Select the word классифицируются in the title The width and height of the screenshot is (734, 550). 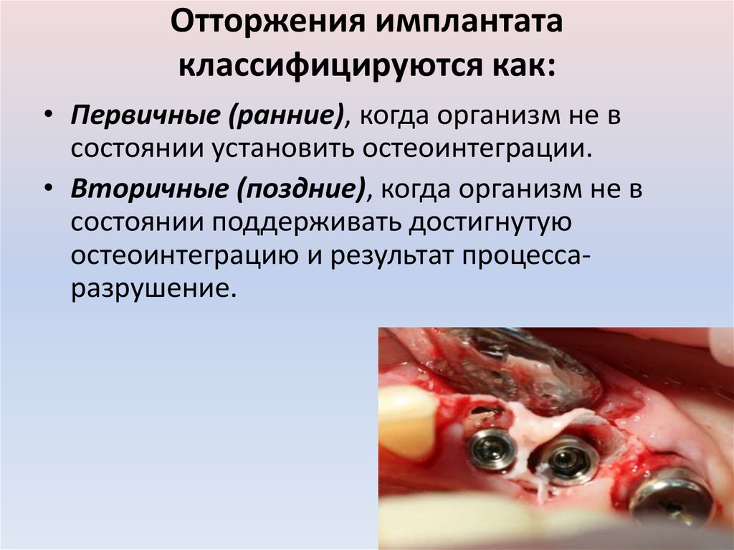pyautogui.click(x=325, y=67)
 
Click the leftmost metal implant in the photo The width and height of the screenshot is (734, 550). pyautogui.click(x=490, y=449)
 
